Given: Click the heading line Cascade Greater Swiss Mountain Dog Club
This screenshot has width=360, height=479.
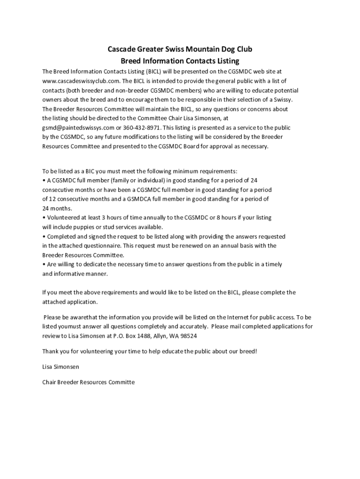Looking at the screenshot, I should point(180,49).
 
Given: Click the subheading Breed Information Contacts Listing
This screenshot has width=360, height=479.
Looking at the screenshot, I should point(180,61).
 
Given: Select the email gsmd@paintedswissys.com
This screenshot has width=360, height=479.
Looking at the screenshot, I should point(78,128).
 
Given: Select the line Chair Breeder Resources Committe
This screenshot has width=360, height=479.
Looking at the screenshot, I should point(88,382).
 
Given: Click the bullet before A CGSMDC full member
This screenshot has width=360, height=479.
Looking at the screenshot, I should point(43,180).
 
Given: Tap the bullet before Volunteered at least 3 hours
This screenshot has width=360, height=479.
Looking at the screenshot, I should point(43,218).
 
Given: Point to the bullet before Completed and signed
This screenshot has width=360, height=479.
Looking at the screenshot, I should point(43,236).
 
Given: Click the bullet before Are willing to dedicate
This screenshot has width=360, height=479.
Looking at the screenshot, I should point(43,264).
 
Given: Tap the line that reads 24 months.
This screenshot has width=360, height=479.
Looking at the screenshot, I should point(57,208).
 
